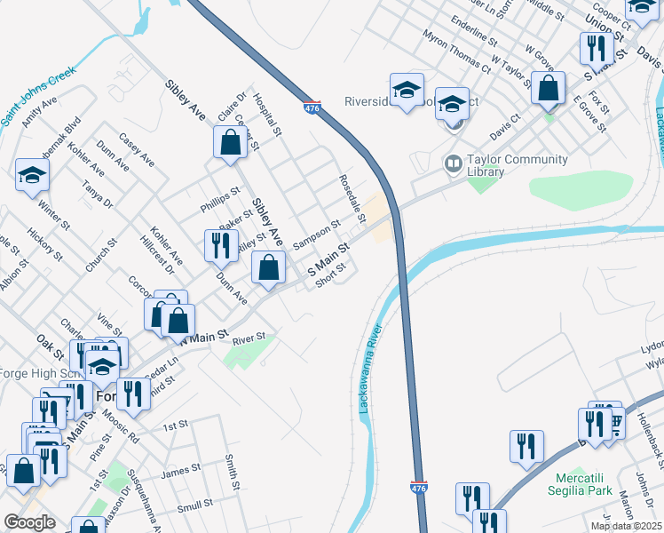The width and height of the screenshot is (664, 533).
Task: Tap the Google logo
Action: [x=29, y=522]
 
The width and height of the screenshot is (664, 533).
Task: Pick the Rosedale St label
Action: [x=352, y=198]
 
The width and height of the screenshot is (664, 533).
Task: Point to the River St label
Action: [x=249, y=338]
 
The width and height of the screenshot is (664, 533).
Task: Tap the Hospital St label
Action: [x=266, y=115]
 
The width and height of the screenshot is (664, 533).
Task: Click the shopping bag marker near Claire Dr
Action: [x=230, y=143]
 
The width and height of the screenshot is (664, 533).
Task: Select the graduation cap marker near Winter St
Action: [x=32, y=176]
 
